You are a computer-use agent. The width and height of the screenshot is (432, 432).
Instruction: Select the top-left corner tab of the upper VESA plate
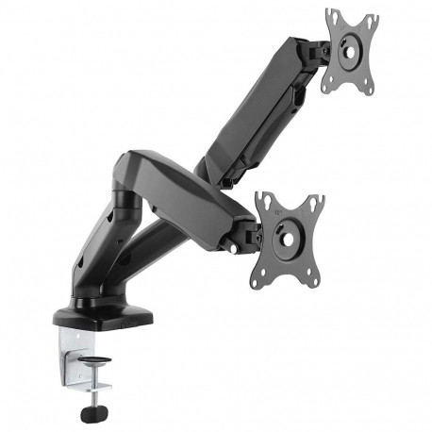click(x=331, y=16)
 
